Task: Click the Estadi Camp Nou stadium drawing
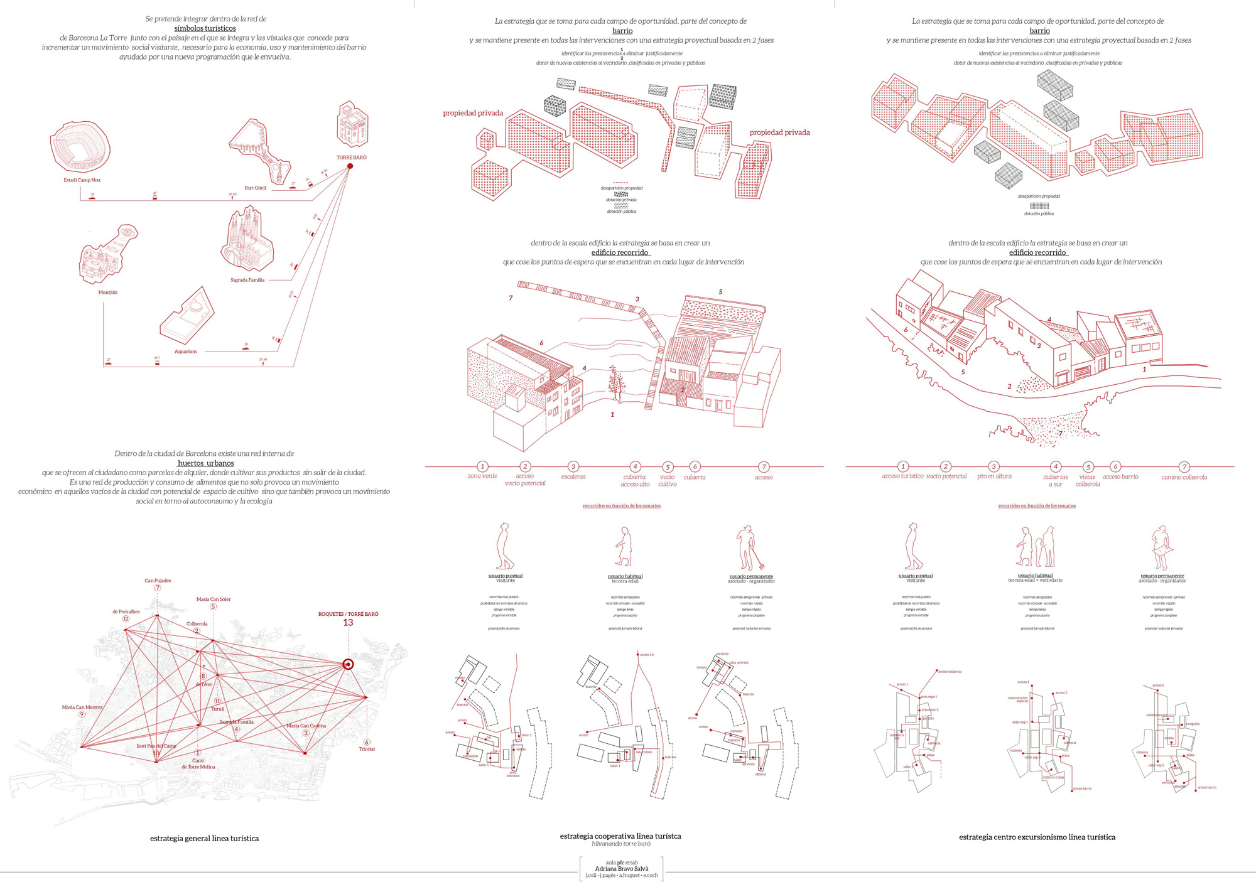coord(80,146)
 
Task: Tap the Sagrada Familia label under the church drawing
coord(247,280)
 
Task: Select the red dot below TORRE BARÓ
coord(350,166)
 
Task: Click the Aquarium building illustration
coord(187,318)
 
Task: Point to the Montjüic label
coord(108,293)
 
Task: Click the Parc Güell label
coord(256,188)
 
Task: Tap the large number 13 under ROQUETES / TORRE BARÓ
coord(348,623)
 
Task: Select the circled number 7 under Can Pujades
coord(158,588)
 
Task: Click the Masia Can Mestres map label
coord(82,707)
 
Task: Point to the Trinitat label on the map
coord(367,749)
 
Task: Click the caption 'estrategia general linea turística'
coord(204,839)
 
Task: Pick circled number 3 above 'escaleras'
coord(573,466)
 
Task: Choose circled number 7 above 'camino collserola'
coord(1184,467)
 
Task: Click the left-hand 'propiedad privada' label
coord(473,114)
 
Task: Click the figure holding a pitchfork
coord(747,548)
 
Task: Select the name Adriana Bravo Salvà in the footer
coord(622,869)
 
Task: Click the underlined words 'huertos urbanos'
coord(205,463)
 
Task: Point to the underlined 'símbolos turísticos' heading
coord(205,28)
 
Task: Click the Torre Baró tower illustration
coord(352,124)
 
